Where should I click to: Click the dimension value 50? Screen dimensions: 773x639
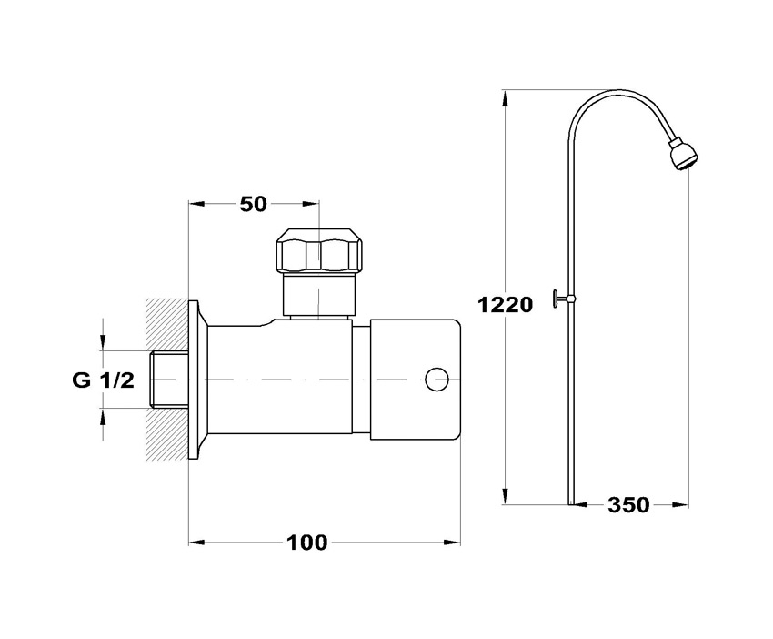click(x=254, y=204)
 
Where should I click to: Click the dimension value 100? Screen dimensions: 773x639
click(x=307, y=543)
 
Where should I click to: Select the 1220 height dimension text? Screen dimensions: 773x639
click(x=506, y=305)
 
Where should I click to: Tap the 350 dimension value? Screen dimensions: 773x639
click(x=628, y=505)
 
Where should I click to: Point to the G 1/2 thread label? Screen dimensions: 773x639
click(x=103, y=380)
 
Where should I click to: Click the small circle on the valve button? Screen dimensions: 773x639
click(x=437, y=380)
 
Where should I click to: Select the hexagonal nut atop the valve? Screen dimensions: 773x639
click(x=319, y=250)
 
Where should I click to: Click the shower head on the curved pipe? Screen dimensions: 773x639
click(x=683, y=155)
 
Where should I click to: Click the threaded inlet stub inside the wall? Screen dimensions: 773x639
click(x=168, y=380)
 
